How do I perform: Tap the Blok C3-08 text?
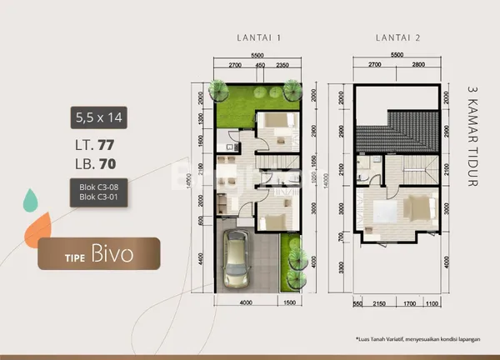click(97, 189)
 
